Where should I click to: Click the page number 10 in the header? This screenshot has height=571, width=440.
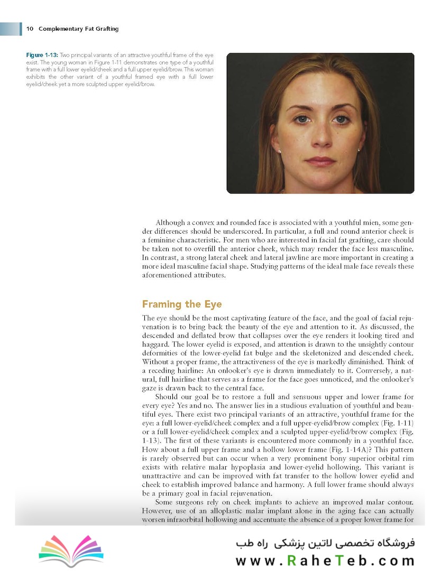tap(30, 29)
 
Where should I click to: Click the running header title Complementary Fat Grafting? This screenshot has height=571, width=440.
tap(78, 29)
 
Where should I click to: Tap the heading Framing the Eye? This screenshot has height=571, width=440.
tap(182, 305)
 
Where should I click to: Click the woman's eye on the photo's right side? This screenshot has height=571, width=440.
tap(340, 119)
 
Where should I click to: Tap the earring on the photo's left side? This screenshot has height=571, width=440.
tap(279, 151)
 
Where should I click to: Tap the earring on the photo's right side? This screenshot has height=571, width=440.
tap(359, 150)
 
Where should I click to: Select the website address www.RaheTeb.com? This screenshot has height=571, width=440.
tap(325, 560)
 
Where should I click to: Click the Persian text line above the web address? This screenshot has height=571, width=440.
tap(326, 543)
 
